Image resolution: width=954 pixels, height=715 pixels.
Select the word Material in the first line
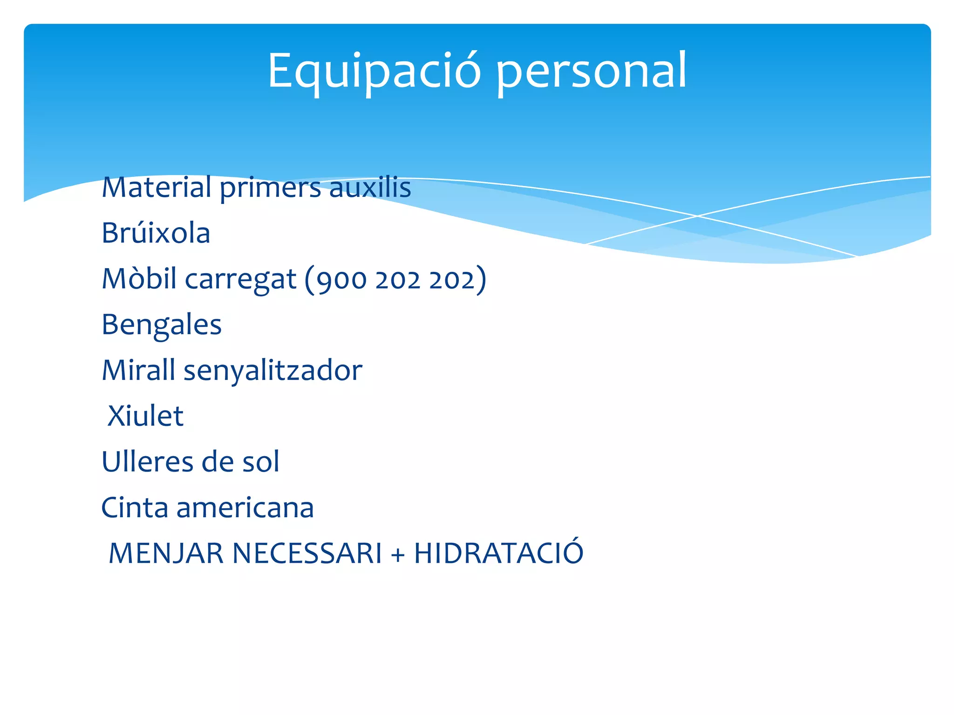pos(157,187)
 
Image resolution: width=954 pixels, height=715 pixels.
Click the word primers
pos(270,188)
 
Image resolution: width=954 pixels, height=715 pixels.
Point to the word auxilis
pos(370,187)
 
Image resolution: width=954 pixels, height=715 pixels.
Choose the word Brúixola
pos(156,233)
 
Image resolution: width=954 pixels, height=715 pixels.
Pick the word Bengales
pos(161,325)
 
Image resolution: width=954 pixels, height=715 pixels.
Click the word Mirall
pos(138,370)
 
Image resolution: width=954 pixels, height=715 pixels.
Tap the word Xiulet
pos(145,416)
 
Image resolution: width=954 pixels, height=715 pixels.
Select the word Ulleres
pos(148,462)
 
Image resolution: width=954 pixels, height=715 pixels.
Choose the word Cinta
pos(135,507)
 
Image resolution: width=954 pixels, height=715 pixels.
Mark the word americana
pos(245,507)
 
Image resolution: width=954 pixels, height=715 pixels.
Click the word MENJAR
pos(166,553)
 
